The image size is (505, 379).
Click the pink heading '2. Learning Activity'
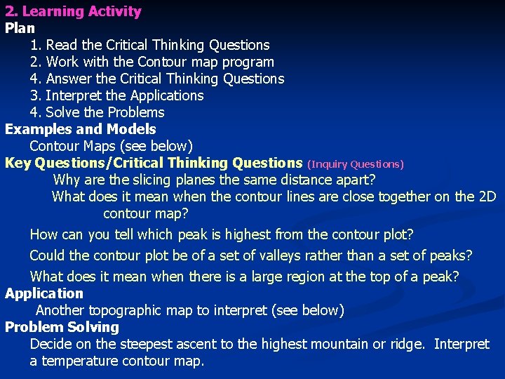tap(73, 11)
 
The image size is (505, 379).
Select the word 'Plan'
tap(20, 28)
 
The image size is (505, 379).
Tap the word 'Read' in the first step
tap(62, 45)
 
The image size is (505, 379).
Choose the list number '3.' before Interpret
tap(36, 95)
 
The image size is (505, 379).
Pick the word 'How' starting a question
tap(44, 234)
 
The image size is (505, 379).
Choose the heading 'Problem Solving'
tap(62, 327)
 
